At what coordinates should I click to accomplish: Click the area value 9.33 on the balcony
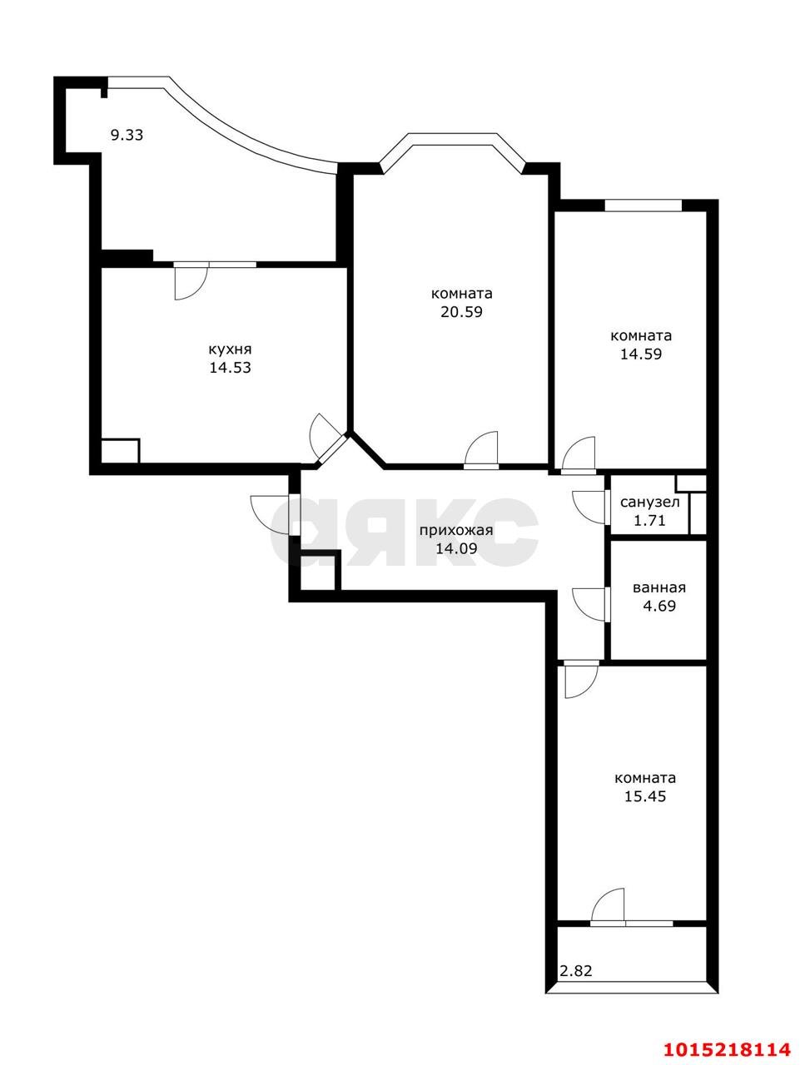(127, 135)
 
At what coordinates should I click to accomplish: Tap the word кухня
(230, 349)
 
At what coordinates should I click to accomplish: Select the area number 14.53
(230, 367)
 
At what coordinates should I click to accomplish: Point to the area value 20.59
(461, 311)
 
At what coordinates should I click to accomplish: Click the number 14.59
(641, 354)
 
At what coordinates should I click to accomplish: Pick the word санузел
(650, 503)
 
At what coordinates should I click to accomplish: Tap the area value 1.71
(649, 520)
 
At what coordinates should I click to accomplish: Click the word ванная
(659, 588)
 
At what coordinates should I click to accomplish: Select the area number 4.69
(659, 606)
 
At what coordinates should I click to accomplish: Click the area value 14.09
(456, 548)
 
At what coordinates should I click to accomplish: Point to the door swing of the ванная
(589, 604)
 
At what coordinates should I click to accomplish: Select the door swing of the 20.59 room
(481, 448)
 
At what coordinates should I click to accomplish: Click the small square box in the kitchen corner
(121, 451)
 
